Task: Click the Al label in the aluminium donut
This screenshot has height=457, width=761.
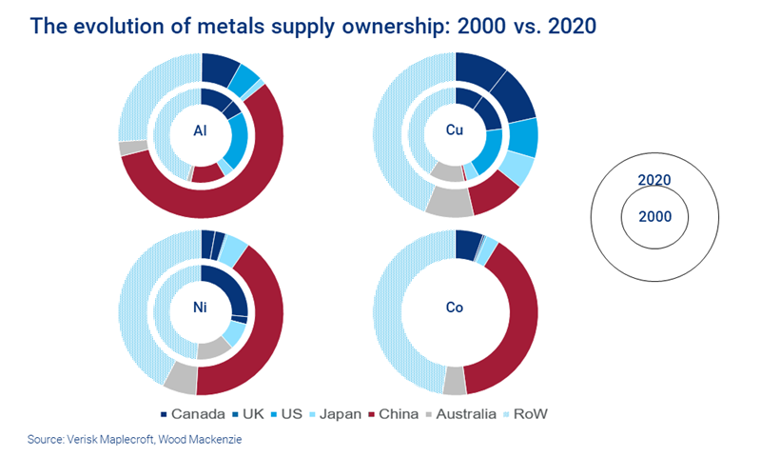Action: [202, 133]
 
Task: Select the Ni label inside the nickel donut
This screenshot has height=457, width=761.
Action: [202, 311]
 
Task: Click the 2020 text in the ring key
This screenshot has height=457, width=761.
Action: [654, 179]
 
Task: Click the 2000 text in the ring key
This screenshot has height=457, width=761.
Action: [654, 216]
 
